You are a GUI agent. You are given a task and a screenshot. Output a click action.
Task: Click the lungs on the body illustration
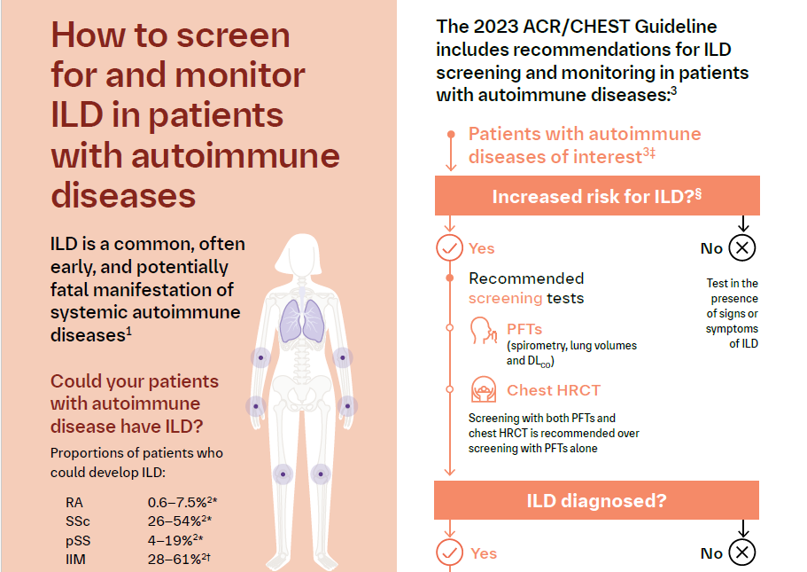301,320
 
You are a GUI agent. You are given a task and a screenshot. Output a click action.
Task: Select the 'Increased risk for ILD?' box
596,196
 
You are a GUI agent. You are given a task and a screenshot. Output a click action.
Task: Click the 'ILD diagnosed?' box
596,500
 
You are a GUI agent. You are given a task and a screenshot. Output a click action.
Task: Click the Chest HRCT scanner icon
483,389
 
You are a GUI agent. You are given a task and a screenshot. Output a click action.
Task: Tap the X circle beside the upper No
742,247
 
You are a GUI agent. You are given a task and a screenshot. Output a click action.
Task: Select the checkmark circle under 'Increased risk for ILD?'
450,248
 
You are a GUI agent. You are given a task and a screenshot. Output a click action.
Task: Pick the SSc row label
78,521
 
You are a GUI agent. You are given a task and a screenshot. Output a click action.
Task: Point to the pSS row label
78,539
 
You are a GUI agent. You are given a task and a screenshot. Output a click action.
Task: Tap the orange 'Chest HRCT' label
555,390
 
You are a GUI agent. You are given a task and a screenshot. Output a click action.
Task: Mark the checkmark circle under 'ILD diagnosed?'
450,552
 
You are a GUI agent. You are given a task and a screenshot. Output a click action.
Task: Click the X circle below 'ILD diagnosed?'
742,552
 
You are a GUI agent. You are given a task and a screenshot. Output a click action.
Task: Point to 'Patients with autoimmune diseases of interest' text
584,145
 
